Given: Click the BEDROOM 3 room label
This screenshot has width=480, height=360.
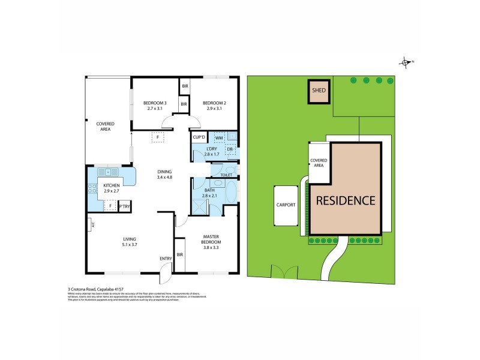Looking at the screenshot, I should pyautogui.click(x=156, y=103).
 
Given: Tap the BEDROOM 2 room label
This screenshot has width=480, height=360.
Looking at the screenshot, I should pyautogui.click(x=214, y=103).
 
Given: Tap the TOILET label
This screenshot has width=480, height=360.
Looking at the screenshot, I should pyautogui.click(x=226, y=175).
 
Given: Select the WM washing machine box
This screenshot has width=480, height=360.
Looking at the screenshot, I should pyautogui.click(x=219, y=138).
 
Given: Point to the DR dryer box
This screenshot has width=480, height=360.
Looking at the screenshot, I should pyautogui.click(x=230, y=149).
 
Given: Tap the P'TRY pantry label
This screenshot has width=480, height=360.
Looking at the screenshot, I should pyautogui.click(x=125, y=207).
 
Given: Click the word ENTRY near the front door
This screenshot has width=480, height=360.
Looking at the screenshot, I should pyautogui.click(x=166, y=259).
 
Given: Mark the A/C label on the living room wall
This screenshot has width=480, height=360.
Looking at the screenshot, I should pyautogui.click(x=89, y=225).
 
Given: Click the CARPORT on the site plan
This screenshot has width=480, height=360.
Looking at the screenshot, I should pyautogui.click(x=286, y=205).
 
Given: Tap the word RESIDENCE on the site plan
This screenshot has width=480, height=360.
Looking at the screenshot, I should pyautogui.click(x=346, y=200).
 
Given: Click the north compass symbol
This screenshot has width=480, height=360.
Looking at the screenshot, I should pyautogui.click(x=406, y=62).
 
